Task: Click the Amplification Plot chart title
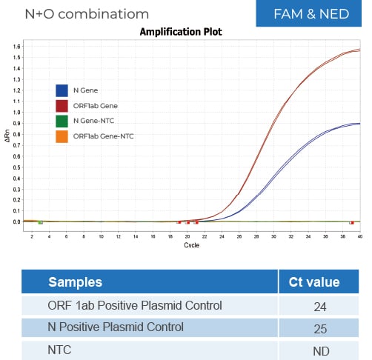tap(181, 32)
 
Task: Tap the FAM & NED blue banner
tap(310, 14)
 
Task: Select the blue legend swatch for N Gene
tap(63, 90)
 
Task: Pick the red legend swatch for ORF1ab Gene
tap(63, 106)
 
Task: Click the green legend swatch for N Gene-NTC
tap(63, 121)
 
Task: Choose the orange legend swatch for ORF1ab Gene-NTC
tap(63, 136)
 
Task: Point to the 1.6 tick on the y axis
tap(16, 46)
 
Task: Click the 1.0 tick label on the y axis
tap(16, 112)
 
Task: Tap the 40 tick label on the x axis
tap(359, 236)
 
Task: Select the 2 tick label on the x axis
tap(32, 236)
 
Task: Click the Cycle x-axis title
tap(191, 244)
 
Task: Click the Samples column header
tap(76, 282)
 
